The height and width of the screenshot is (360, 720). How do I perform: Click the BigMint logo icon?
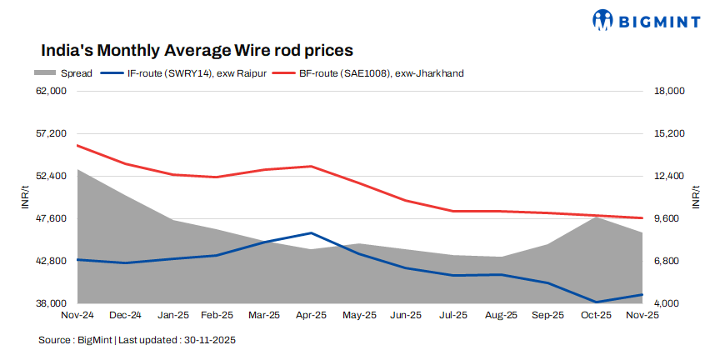coord(604,20)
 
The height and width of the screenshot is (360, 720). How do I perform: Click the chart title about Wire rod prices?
coord(197,50)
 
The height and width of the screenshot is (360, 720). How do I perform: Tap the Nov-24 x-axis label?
coord(77,316)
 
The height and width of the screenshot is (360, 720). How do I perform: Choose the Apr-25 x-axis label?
coord(311,316)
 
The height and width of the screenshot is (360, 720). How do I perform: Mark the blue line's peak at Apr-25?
coord(311,233)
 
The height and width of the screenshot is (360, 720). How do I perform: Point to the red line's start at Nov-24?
coord(77,145)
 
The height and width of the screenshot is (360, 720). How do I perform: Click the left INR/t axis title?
coord(25,197)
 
